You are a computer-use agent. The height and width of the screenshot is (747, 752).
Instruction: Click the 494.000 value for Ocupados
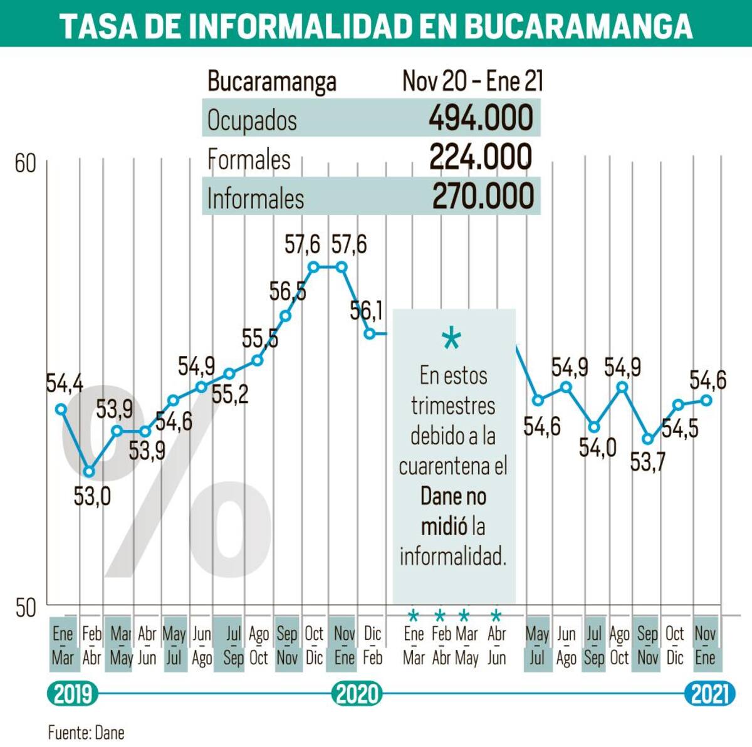pyautogui.click(x=481, y=118)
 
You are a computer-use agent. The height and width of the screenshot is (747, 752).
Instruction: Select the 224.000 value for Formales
pyautogui.click(x=481, y=157)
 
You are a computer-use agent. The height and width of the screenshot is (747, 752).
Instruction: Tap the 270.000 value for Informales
pyautogui.click(x=483, y=196)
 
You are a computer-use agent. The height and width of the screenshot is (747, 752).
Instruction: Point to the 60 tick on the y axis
pyautogui.click(x=26, y=164)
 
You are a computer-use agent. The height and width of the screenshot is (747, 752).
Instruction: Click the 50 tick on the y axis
pyautogui.click(x=26, y=608)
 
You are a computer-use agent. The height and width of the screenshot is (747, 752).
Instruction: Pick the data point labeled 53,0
pyautogui.click(x=90, y=471)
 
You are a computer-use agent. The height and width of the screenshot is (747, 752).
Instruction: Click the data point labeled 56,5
pyautogui.click(x=286, y=316)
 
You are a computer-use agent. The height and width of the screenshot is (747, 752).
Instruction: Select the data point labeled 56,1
pyautogui.click(x=370, y=333)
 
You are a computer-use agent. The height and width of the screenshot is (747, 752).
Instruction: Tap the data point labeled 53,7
pyautogui.click(x=647, y=439)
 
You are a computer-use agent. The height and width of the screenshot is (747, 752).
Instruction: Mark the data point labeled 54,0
pyautogui.click(x=594, y=427)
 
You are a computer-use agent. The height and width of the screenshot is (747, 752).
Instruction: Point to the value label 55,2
pyautogui.click(x=230, y=394)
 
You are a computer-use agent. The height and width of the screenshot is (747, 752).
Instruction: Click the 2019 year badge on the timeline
pyautogui.click(x=73, y=694)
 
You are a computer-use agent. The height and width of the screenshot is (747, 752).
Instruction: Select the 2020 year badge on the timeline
pyautogui.click(x=357, y=694)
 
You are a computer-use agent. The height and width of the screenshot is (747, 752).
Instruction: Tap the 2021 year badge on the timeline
pyautogui.click(x=710, y=694)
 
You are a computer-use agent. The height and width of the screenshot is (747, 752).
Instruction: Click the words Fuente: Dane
pyautogui.click(x=86, y=732)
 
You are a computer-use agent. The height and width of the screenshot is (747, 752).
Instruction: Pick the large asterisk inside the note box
pyautogui.click(x=451, y=340)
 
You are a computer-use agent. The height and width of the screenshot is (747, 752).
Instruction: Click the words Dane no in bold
pyautogui.click(x=452, y=496)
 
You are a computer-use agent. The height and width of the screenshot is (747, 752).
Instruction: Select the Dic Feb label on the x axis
pyautogui.click(x=372, y=645)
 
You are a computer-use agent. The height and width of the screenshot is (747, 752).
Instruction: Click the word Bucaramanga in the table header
pyautogui.click(x=271, y=82)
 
